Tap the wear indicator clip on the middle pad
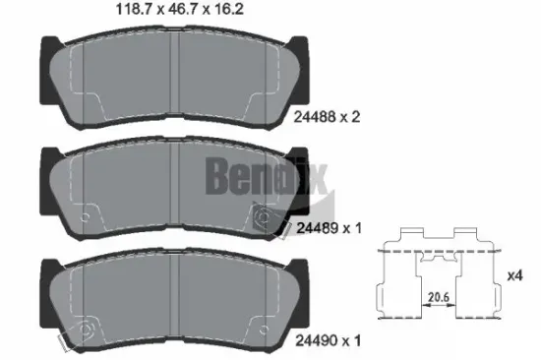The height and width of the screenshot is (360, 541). (263, 217)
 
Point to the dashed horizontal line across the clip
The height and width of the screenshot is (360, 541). (434, 252)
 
